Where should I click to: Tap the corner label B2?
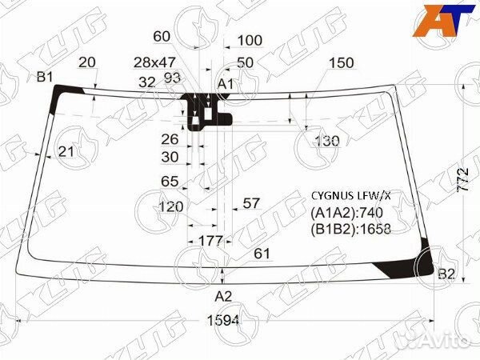click(x=446, y=274)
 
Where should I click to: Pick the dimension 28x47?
click(x=154, y=62)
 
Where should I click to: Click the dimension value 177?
click(x=209, y=240)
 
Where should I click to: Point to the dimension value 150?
click(x=341, y=63)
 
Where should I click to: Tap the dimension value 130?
click(x=326, y=141)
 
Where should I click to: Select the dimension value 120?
click(x=171, y=206)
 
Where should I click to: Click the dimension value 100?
click(x=250, y=40)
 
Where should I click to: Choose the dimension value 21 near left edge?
click(x=66, y=151)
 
